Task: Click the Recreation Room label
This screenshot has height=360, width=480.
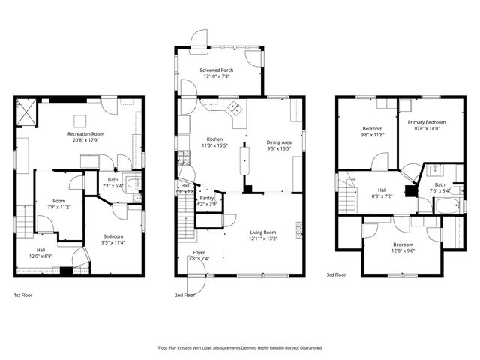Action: (x=85, y=133)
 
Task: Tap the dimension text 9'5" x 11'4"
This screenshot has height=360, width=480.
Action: (x=114, y=242)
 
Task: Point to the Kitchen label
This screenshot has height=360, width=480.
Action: (x=215, y=139)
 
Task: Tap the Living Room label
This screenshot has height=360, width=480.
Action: (x=263, y=232)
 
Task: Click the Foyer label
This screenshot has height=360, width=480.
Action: (x=199, y=253)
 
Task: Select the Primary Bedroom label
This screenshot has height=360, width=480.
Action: (x=426, y=121)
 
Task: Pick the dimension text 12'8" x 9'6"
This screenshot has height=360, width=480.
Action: (x=402, y=250)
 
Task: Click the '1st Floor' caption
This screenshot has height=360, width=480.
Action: (x=24, y=295)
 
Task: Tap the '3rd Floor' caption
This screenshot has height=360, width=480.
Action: (x=335, y=275)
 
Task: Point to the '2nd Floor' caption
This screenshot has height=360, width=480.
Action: (x=184, y=295)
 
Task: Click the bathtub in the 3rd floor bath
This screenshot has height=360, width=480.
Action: (x=450, y=205)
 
